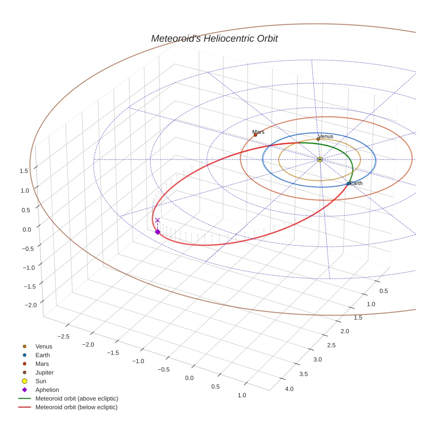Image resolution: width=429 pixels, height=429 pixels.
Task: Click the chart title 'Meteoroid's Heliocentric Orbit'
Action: coord(214,38)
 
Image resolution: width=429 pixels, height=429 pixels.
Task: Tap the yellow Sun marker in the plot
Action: coord(320,160)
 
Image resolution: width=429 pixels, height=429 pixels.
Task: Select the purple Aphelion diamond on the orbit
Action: coord(157,232)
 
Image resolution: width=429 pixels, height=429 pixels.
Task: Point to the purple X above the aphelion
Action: coord(157,220)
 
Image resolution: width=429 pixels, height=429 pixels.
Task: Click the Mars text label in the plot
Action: coord(258,132)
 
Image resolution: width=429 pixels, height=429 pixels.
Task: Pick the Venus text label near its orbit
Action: coord(326,136)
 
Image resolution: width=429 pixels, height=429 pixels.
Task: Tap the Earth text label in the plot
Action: coord(356,184)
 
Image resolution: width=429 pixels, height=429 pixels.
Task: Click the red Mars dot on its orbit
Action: coord(255,135)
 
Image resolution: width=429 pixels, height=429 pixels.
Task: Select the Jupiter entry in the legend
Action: coord(44,372)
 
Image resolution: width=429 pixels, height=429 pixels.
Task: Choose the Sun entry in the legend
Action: coord(41,381)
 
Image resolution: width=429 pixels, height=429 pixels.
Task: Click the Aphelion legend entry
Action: coord(47,390)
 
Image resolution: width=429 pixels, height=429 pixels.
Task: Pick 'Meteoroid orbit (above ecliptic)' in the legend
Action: coord(77,398)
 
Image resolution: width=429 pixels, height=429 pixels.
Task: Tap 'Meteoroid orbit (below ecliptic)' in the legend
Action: coord(76,407)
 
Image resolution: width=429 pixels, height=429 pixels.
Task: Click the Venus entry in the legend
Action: coord(44,347)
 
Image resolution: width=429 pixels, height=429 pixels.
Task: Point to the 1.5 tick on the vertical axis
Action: coord(24,171)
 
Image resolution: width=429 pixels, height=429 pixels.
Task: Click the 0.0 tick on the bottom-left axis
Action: coord(189,378)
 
